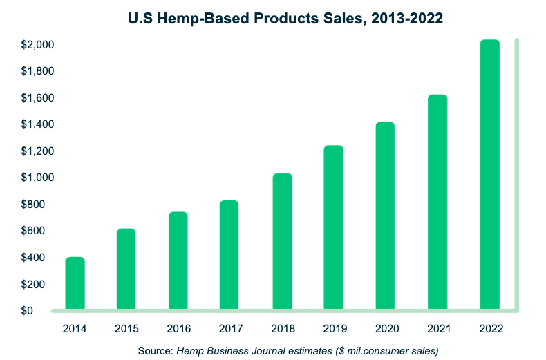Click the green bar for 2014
[75, 283]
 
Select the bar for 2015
[126, 269]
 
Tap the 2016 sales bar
[178, 260]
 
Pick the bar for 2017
[230, 255]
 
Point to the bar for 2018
[282, 241]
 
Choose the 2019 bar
[334, 227]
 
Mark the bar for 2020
[386, 216]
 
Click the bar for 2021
[437, 202]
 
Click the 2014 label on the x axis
[75, 330]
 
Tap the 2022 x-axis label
[489, 330]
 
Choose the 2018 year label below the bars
[282, 330]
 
